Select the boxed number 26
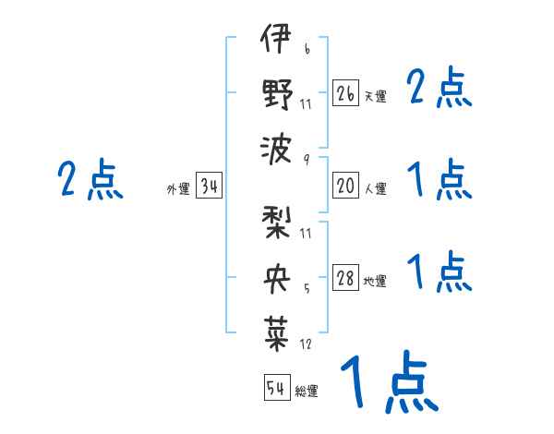tap(345, 93)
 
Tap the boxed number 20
tap(345, 186)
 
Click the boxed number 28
tap(345, 279)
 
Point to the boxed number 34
tap(209, 187)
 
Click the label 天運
tap(375, 96)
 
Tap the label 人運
tap(375, 188)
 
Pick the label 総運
tap(307, 392)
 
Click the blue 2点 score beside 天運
tap(440, 89)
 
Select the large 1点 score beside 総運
tap(388, 382)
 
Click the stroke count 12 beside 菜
tap(306, 344)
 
